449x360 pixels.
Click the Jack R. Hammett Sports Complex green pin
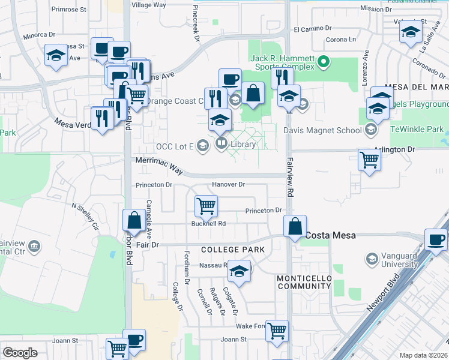(x=324, y=61)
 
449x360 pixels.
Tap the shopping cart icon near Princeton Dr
(x=206, y=206)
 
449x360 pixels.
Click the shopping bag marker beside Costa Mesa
(x=295, y=227)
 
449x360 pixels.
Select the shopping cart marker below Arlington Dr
(x=369, y=160)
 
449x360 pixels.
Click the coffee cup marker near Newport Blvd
(x=436, y=239)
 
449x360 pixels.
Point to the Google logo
(x=20, y=352)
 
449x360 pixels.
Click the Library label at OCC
(x=243, y=144)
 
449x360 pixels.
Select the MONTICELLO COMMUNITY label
(x=304, y=282)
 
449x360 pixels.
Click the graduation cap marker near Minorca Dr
(x=56, y=56)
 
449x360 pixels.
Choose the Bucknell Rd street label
(x=208, y=224)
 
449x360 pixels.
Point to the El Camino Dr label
(x=312, y=28)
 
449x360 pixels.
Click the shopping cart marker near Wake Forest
(x=277, y=330)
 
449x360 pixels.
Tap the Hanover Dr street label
(x=229, y=184)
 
